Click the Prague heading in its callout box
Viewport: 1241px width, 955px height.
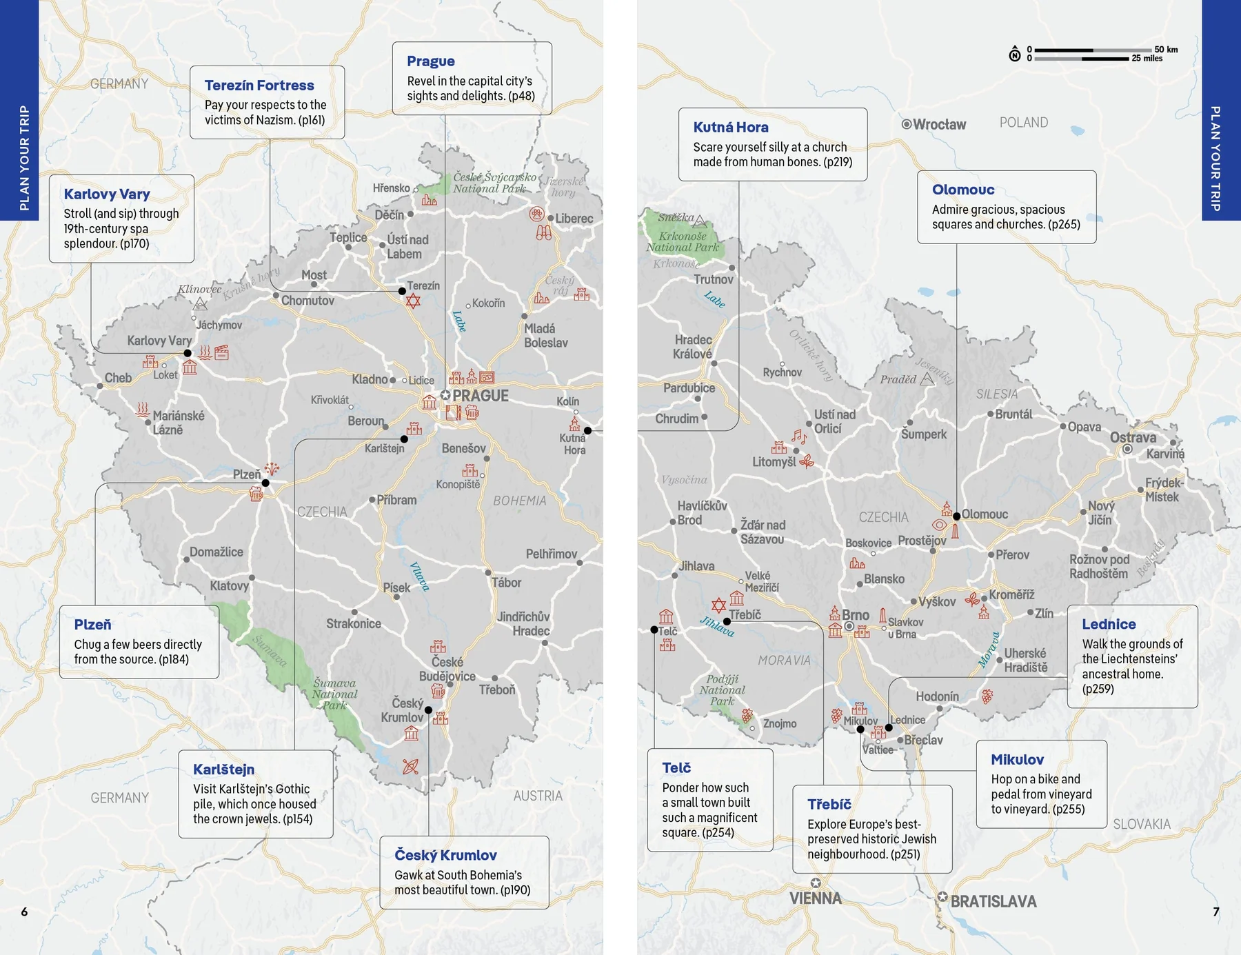click(x=430, y=61)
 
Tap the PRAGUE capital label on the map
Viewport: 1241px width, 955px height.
click(x=480, y=396)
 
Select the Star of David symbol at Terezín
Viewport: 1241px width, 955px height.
click(x=413, y=301)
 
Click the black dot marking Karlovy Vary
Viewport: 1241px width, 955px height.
click(x=188, y=353)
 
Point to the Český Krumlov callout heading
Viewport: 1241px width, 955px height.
click(x=445, y=855)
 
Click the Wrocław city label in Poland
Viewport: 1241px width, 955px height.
click(x=938, y=124)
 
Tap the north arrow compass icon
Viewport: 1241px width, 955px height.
click(x=1015, y=54)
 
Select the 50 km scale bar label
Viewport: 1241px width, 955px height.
click(x=1166, y=50)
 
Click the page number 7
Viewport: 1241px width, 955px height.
click(x=1215, y=912)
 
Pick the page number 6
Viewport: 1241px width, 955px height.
click(x=24, y=912)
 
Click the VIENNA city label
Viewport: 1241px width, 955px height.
click(x=816, y=898)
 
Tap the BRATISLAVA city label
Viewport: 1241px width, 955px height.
click(x=993, y=901)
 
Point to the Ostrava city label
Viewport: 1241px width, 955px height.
click(x=1133, y=437)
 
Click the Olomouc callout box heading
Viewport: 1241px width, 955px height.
click(x=962, y=190)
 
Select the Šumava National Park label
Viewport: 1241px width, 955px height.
click(x=334, y=694)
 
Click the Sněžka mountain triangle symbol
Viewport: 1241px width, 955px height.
click(x=700, y=221)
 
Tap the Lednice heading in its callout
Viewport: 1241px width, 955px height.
click(x=1108, y=624)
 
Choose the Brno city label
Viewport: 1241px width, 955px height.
click(x=855, y=615)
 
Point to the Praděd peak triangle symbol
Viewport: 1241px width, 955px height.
click(x=927, y=379)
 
